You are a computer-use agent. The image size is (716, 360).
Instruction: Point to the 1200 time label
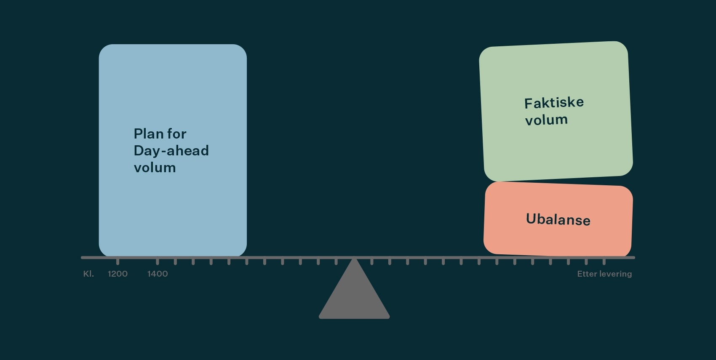pyautogui.click(x=118, y=274)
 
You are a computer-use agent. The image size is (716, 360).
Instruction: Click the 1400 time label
pyautogui.click(x=158, y=274)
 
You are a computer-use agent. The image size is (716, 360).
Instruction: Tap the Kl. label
pyautogui.click(x=88, y=274)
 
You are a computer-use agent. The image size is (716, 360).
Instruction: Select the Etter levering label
pyautogui.click(x=604, y=274)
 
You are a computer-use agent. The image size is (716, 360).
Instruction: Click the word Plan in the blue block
pyautogui.click(x=148, y=134)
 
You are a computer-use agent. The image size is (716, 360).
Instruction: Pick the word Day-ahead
pyautogui.click(x=171, y=151)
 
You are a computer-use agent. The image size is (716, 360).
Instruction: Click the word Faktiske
pyautogui.click(x=554, y=103)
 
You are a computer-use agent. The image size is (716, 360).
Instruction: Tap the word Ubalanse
pyautogui.click(x=558, y=219)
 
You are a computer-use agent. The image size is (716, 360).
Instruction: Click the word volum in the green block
pyautogui.click(x=546, y=120)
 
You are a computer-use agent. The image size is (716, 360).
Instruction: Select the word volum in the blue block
pyautogui.click(x=155, y=168)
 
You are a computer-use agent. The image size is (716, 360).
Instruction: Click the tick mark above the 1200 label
pyautogui.click(x=118, y=261)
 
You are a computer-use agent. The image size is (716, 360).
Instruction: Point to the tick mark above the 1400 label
pyautogui.click(x=158, y=261)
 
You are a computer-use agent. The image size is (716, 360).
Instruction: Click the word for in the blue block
pyautogui.click(x=176, y=134)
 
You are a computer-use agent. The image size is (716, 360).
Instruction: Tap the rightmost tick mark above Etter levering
pyautogui.click(x=604, y=261)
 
